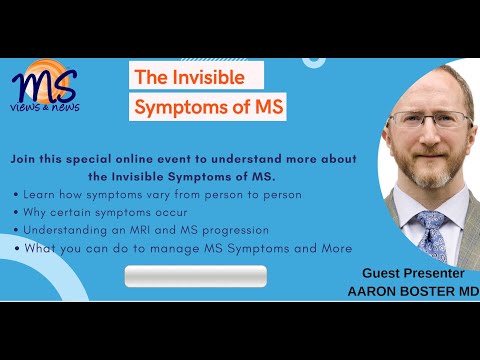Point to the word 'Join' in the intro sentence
click(x=28, y=159)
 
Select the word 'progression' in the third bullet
click(x=239, y=229)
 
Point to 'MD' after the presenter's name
click(x=465, y=290)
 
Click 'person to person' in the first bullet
click(x=244, y=193)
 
